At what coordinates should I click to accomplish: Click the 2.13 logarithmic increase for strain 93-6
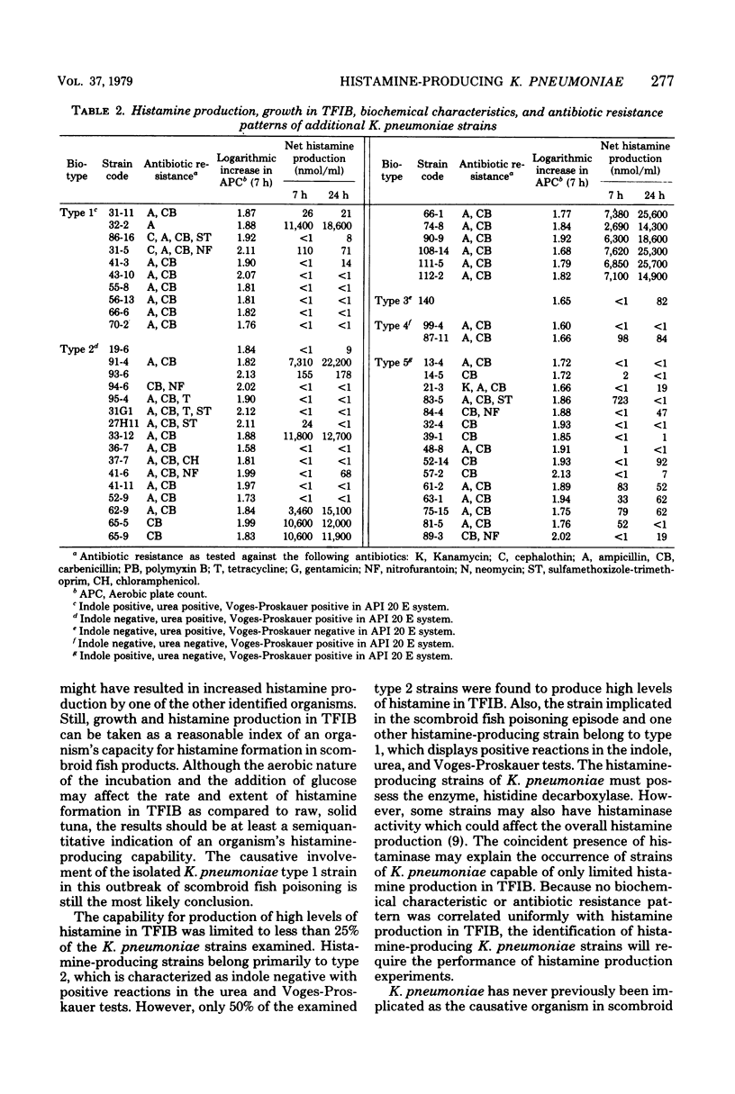[x=231, y=374]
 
